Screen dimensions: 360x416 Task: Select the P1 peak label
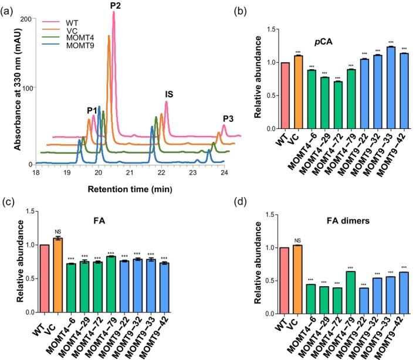pos(92,111)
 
